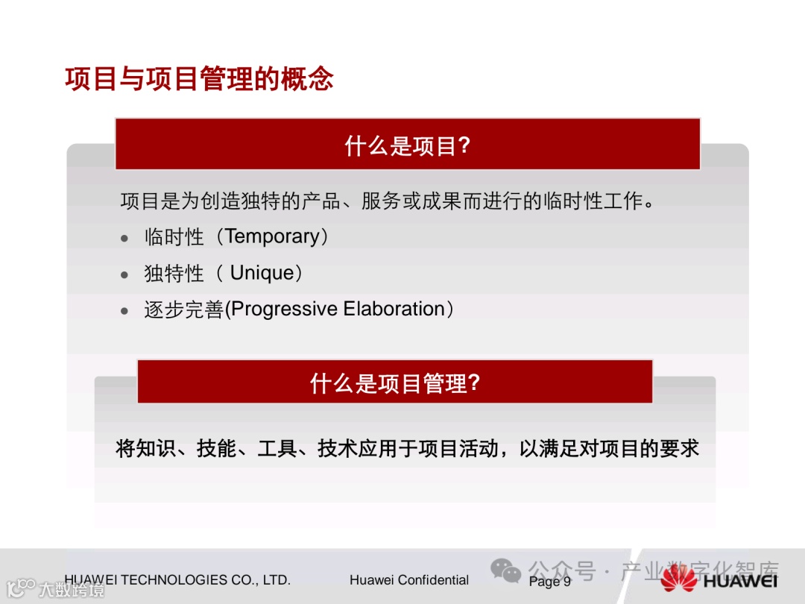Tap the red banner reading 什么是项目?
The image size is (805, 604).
tap(408, 145)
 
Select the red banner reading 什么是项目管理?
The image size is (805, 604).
tap(395, 382)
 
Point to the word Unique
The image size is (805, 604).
tap(262, 273)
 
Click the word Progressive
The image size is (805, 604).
tap(284, 309)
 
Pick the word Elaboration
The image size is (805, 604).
tap(394, 309)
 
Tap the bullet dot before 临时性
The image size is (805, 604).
tap(124, 239)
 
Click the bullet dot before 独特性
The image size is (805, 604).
tap(124, 274)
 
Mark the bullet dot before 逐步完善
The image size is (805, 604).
tap(124, 311)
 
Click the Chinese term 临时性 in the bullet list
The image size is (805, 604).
tap(174, 237)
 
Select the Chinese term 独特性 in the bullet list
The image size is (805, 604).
tap(174, 273)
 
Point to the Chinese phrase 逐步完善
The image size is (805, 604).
tap(184, 309)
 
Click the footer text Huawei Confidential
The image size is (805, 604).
tap(409, 580)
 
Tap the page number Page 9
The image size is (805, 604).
tap(550, 581)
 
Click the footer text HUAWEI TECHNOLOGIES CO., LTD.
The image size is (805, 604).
tap(177, 580)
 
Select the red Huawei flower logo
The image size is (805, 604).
tap(679, 579)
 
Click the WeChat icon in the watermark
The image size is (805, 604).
tap(505, 570)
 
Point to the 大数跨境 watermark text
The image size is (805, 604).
tap(72, 589)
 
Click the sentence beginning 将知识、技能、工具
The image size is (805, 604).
tap(407, 448)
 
